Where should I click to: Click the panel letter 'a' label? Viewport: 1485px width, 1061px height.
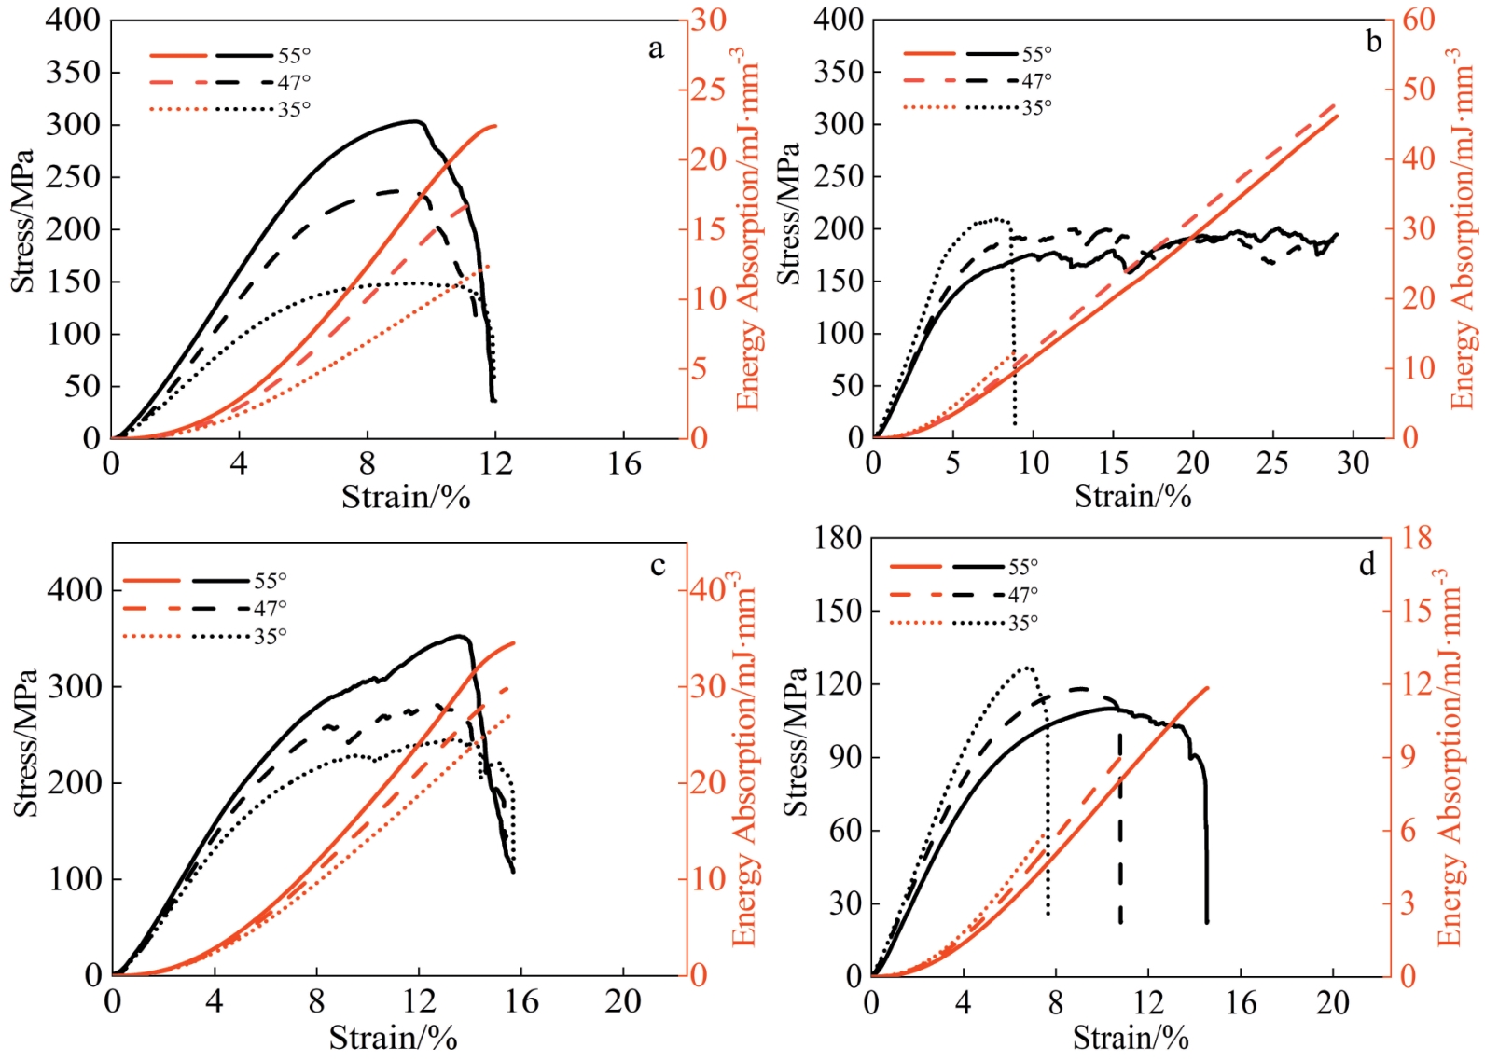[x=656, y=49]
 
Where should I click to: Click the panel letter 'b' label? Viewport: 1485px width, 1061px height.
[x=1373, y=42]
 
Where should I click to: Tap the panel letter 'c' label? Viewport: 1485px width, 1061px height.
[x=658, y=566]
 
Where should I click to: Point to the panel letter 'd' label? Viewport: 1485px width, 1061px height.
[x=1367, y=564]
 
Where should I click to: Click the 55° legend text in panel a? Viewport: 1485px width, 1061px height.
[x=294, y=56]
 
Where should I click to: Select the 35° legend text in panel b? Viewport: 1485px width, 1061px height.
[x=1036, y=108]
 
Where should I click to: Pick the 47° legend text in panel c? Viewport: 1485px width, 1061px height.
[x=271, y=609]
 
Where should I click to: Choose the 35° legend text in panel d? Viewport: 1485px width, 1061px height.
[x=1023, y=623]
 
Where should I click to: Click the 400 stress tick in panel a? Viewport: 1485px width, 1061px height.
[x=73, y=20]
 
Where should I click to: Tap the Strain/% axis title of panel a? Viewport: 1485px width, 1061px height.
[x=406, y=497]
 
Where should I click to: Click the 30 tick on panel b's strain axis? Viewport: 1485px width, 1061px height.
[x=1353, y=463]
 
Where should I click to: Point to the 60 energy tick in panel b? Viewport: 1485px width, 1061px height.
[x=1418, y=20]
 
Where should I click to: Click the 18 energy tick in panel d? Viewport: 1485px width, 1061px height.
[x=1415, y=538]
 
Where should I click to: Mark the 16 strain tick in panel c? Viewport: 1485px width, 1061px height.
[x=520, y=1002]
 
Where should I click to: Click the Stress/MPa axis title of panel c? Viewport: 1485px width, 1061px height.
[x=26, y=743]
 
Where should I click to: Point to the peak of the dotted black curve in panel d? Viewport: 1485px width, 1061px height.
[x=1027, y=668]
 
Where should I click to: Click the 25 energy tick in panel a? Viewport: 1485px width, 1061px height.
[x=708, y=90]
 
